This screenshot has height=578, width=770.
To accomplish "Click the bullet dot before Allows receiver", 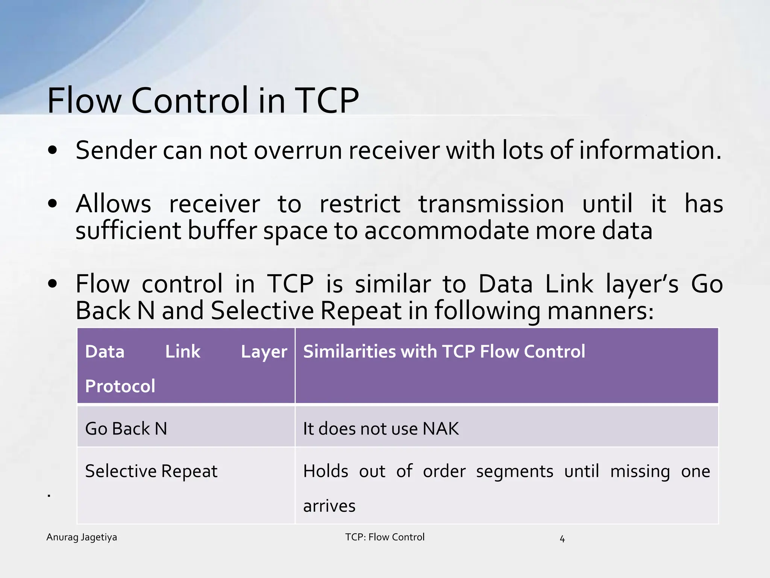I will (53, 204).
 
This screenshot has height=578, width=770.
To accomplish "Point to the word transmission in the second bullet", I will (491, 204).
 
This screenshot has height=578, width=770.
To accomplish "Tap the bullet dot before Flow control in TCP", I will (53, 284).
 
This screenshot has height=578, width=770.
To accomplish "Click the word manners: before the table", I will (600, 311).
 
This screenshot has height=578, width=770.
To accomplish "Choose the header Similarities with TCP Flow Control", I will (444, 351).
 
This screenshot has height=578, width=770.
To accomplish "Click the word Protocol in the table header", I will (120, 386).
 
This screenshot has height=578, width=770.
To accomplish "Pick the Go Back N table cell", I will (126, 429).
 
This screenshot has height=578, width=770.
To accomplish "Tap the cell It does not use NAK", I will (381, 429).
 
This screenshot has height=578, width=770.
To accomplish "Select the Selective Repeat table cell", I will (151, 471).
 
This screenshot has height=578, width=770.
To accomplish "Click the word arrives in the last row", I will (329, 506).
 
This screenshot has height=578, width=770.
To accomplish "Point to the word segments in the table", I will (514, 472).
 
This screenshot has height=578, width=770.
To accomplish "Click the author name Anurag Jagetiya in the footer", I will (82, 537).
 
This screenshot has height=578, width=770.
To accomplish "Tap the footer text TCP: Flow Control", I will (385, 537).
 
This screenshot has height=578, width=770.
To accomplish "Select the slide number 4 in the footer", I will (562, 539).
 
